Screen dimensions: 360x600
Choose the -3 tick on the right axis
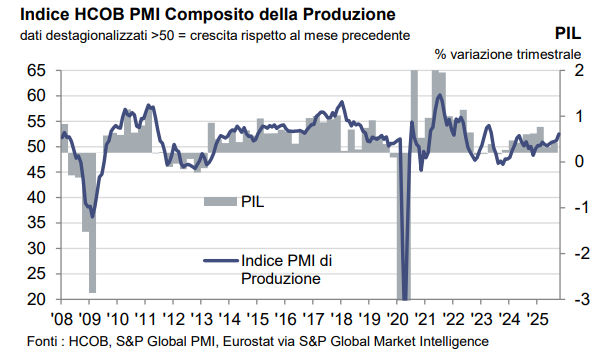pyautogui.click(x=566, y=299)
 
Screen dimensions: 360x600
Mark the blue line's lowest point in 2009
pyautogui.click(x=92, y=215)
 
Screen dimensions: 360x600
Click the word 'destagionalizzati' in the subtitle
pyautogui.click(x=89, y=36)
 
